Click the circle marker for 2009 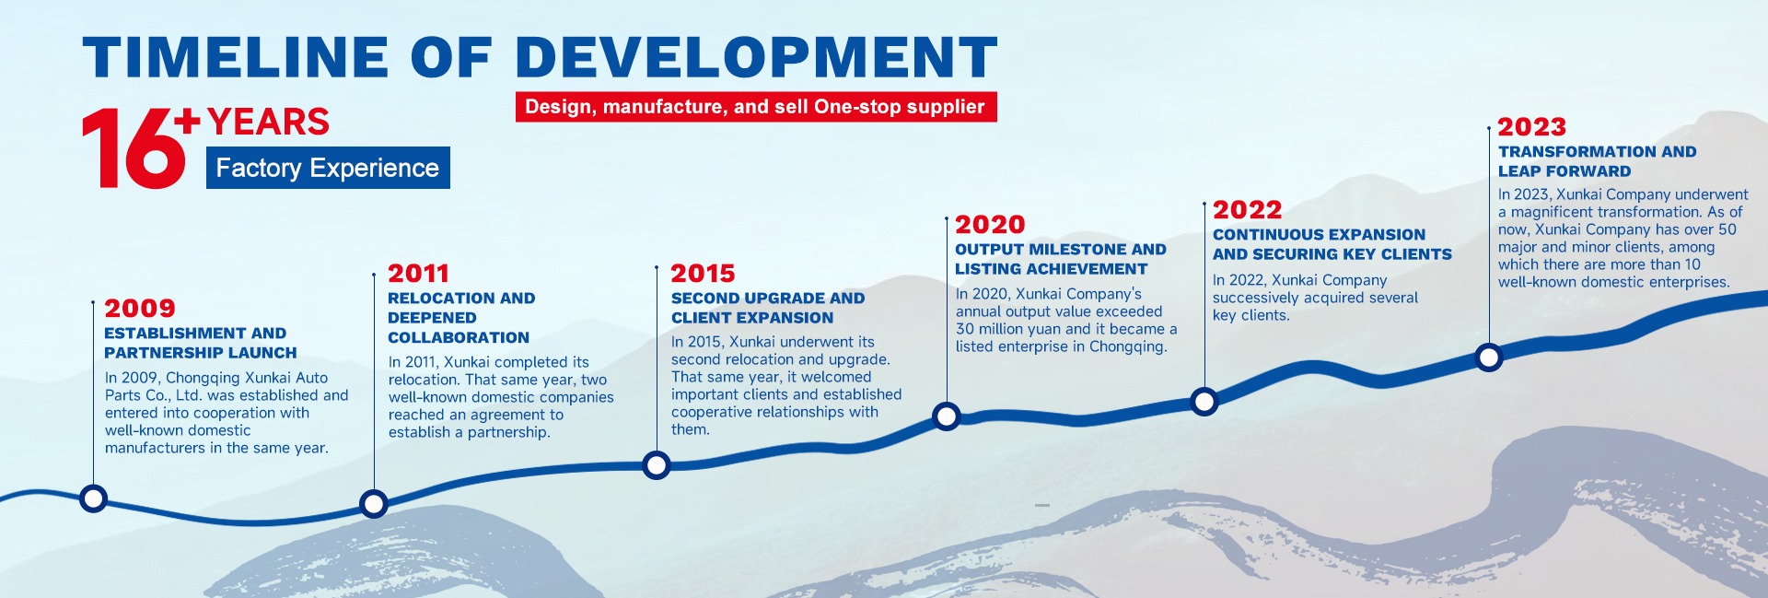click(x=93, y=498)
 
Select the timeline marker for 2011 click(x=374, y=504)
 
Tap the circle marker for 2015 click(x=657, y=465)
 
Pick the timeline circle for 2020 click(x=947, y=416)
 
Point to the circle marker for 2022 click(x=1204, y=401)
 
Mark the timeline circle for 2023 click(x=1489, y=357)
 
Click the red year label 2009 click(x=140, y=308)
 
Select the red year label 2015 click(x=703, y=273)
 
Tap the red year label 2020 click(x=990, y=224)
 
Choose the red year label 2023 click(x=1532, y=126)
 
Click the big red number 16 click(x=134, y=149)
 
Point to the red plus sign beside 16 click(x=187, y=121)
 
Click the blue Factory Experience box click(x=328, y=168)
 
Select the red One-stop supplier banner click(x=756, y=107)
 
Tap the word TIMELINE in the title click(x=235, y=57)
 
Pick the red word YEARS click(x=268, y=122)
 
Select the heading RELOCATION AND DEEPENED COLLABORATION click(x=461, y=318)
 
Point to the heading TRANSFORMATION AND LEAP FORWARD click(x=1597, y=161)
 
